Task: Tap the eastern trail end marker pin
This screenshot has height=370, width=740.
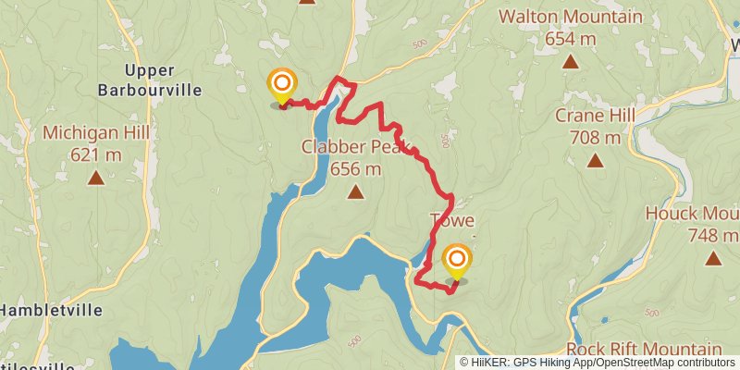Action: click(456, 260)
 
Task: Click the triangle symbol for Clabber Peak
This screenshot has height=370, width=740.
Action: click(355, 192)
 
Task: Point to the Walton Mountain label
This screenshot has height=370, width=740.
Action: click(571, 17)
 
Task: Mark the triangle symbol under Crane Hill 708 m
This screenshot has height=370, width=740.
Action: click(595, 161)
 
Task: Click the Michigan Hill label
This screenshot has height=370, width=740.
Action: click(96, 133)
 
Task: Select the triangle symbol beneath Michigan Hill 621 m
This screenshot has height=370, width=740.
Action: click(96, 178)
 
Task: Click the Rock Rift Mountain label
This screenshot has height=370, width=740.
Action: click(643, 350)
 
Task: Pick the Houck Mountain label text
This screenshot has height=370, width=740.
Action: click(692, 214)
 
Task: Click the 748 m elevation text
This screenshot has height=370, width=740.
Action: click(714, 236)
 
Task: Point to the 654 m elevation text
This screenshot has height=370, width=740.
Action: click(571, 39)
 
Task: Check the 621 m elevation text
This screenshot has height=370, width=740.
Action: click(96, 155)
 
